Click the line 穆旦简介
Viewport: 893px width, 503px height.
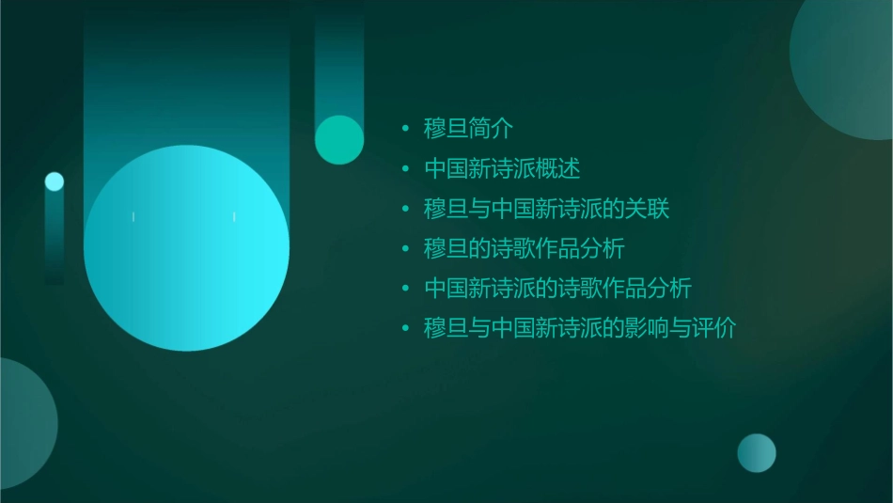pyautogui.click(x=467, y=129)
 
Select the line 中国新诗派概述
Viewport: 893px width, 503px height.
pyautogui.click(x=502, y=169)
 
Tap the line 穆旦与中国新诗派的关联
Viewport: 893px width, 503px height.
pyautogui.click(x=546, y=209)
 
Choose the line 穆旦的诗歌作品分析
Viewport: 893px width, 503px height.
pyautogui.click(x=524, y=249)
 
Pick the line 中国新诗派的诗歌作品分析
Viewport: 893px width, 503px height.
pyautogui.click(x=557, y=289)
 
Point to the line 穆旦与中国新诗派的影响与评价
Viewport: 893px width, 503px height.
pyautogui.click(x=580, y=329)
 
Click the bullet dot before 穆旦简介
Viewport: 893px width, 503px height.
pyautogui.click(x=405, y=129)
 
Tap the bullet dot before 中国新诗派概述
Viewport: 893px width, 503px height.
pyautogui.click(x=405, y=169)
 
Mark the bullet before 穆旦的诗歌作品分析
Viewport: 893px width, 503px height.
pyautogui.click(x=405, y=249)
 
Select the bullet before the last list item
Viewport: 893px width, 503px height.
pyautogui.click(x=405, y=329)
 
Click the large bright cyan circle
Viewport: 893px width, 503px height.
pyautogui.click(x=186, y=248)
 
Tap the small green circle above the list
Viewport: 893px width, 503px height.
pyautogui.click(x=339, y=139)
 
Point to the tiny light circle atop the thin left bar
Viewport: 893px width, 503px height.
pyautogui.click(x=55, y=181)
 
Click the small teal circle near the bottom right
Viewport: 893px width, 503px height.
pyautogui.click(x=757, y=453)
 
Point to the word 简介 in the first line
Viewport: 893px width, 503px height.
pyautogui.click(x=490, y=129)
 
